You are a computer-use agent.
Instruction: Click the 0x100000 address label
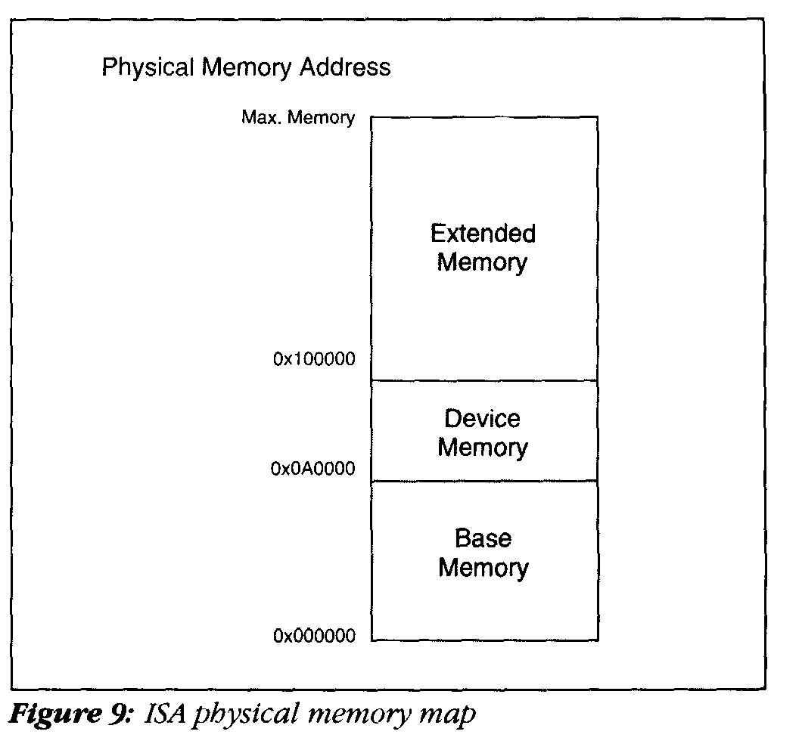(x=314, y=359)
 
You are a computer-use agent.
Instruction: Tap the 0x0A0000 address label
(x=312, y=470)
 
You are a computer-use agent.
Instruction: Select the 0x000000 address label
(x=314, y=636)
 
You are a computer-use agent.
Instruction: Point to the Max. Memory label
(x=297, y=118)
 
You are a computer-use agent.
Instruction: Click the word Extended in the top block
(x=483, y=234)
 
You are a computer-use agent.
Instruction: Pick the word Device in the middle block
(x=482, y=419)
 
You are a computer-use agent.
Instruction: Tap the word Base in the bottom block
(x=483, y=539)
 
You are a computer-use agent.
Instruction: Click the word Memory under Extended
(x=482, y=263)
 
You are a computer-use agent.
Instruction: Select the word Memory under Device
(x=482, y=448)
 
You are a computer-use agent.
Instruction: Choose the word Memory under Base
(x=483, y=568)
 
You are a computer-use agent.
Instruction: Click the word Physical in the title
(x=148, y=68)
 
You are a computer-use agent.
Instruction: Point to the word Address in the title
(x=345, y=67)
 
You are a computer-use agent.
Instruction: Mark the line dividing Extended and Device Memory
(x=484, y=380)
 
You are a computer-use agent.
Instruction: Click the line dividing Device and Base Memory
(x=484, y=481)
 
